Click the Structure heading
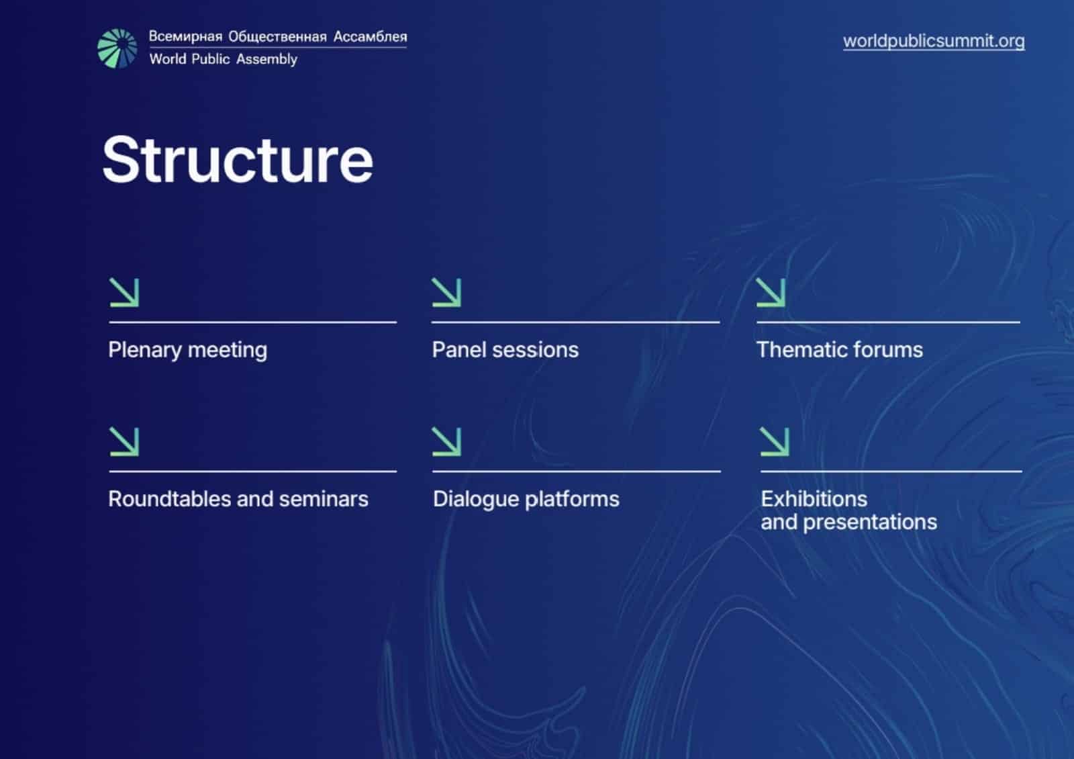pos(237,160)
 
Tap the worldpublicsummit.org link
pos(933,41)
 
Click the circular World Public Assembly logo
pos(117,48)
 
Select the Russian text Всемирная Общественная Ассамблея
pos(277,36)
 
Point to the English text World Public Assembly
pos(223,59)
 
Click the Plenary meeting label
pos(187,350)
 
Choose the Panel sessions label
pos(505,350)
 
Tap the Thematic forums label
pos(839,350)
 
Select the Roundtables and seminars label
pos(238,499)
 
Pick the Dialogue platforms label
pos(526,499)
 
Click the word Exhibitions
pos(814,499)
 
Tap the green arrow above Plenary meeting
pos(124,293)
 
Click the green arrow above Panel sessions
pos(446,293)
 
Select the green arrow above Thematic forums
pos(771,293)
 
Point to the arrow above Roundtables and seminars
pos(124,442)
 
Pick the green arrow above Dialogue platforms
pos(446,442)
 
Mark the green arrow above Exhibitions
pos(775,442)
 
